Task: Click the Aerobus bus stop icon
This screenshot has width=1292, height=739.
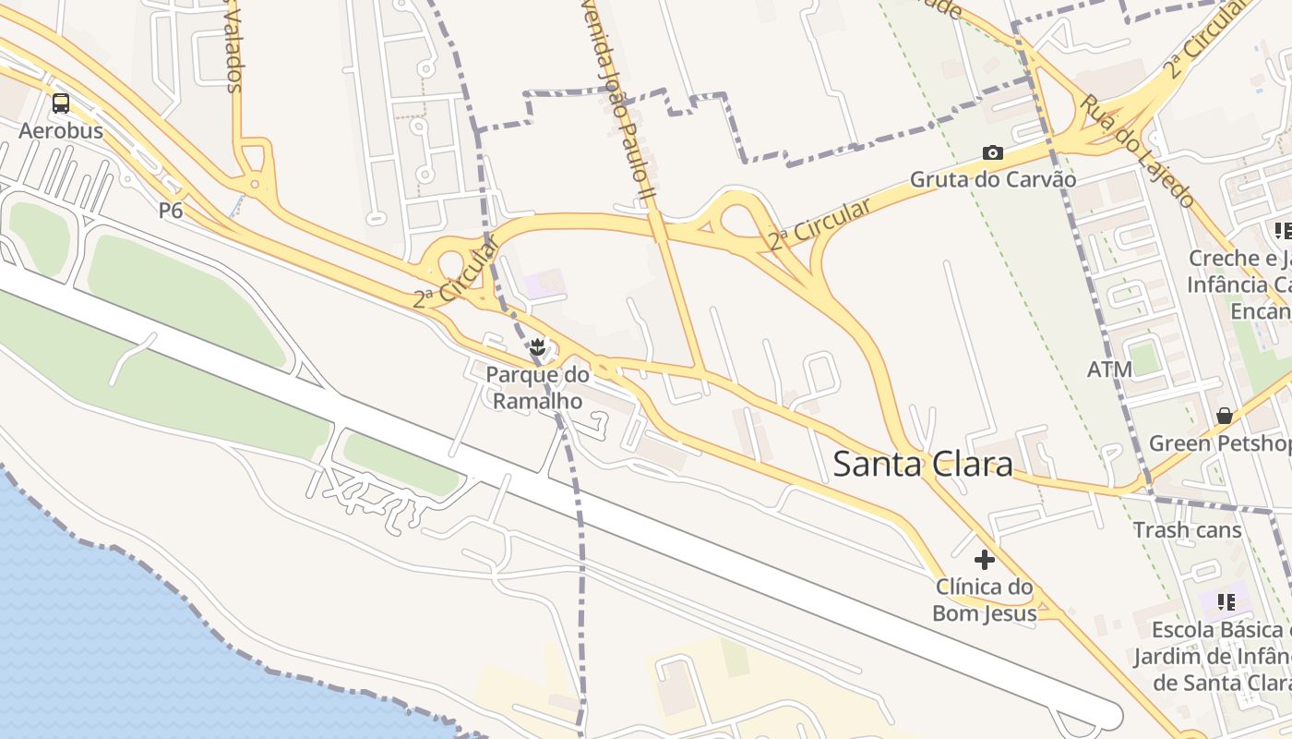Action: pos(61,103)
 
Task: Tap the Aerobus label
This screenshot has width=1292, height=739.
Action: pos(61,130)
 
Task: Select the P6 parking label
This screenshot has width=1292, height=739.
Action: pos(171,211)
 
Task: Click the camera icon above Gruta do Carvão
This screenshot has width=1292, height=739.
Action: pos(993,152)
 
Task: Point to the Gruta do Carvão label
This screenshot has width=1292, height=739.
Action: pos(993,179)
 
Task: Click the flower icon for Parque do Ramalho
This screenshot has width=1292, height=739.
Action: pos(537,348)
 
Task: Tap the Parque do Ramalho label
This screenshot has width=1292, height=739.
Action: pos(537,388)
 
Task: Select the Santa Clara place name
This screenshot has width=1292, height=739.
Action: pos(923,464)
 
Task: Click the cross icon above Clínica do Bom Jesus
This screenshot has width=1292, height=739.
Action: pos(985,559)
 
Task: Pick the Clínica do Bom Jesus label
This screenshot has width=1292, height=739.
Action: pos(985,600)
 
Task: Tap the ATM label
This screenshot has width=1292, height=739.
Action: pos(1109,370)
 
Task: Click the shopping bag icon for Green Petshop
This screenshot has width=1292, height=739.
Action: pos(1225,417)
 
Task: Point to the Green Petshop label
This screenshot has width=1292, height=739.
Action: pos(1219,443)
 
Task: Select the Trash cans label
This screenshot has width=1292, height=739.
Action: pos(1187,530)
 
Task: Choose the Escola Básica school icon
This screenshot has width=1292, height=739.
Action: pos(1226,602)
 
